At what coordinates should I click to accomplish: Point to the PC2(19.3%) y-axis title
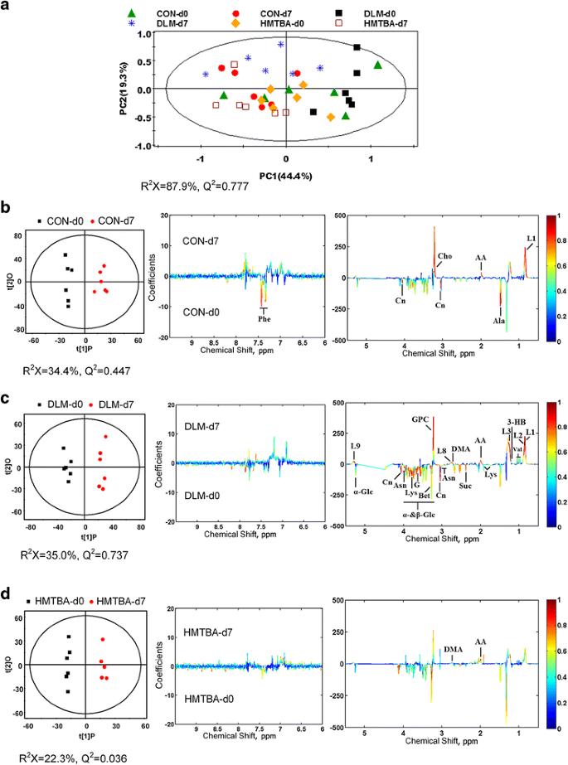[123, 87]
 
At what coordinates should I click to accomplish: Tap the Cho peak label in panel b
[445, 256]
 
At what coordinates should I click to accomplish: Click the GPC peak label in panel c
[420, 419]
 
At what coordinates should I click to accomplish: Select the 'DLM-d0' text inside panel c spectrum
[204, 496]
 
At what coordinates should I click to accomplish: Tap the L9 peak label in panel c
[355, 447]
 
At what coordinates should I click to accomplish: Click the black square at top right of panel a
[357, 48]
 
